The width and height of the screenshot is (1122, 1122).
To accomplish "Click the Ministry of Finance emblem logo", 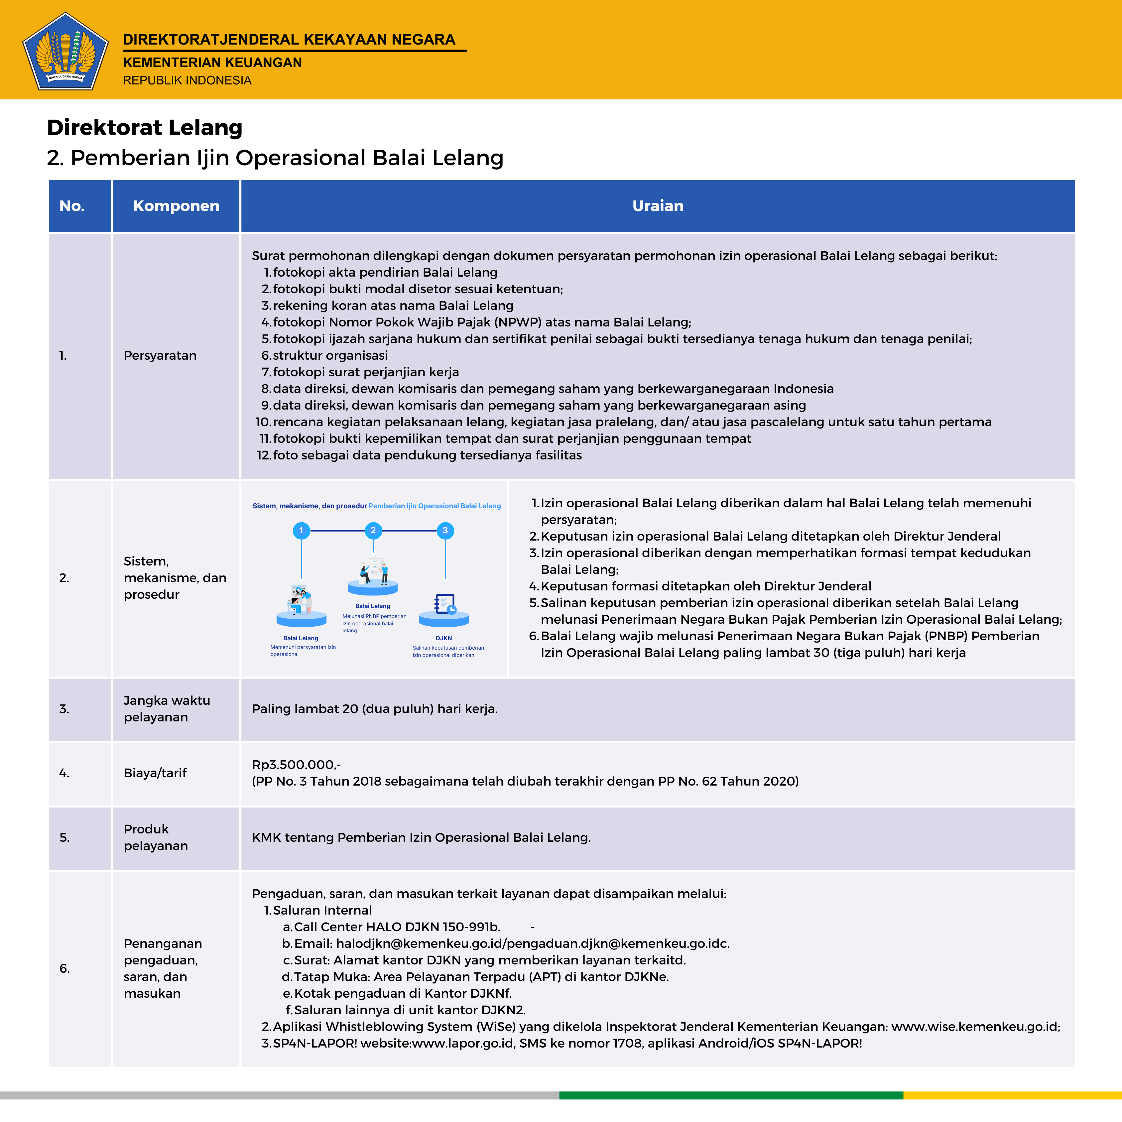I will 65,52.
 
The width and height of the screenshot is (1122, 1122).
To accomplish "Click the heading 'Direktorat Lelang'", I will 145,127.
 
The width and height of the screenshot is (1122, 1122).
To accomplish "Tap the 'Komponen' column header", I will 176,206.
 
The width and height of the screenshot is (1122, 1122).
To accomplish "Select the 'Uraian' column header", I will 657,206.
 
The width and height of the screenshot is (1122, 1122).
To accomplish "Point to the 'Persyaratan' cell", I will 160,355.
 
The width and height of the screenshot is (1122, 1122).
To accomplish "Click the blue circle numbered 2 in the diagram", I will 373,530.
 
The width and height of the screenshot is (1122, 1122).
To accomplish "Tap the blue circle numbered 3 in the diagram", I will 445,530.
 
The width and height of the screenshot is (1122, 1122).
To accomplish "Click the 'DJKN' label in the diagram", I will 444,638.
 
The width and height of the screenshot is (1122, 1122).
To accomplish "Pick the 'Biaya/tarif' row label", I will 155,773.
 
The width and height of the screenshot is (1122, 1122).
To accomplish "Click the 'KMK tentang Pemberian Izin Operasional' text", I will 421,837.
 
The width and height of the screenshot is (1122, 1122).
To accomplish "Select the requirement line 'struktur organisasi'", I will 330,355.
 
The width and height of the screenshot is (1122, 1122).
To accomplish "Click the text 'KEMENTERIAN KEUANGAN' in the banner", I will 212,63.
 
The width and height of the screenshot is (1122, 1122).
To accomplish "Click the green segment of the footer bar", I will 731,1095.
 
